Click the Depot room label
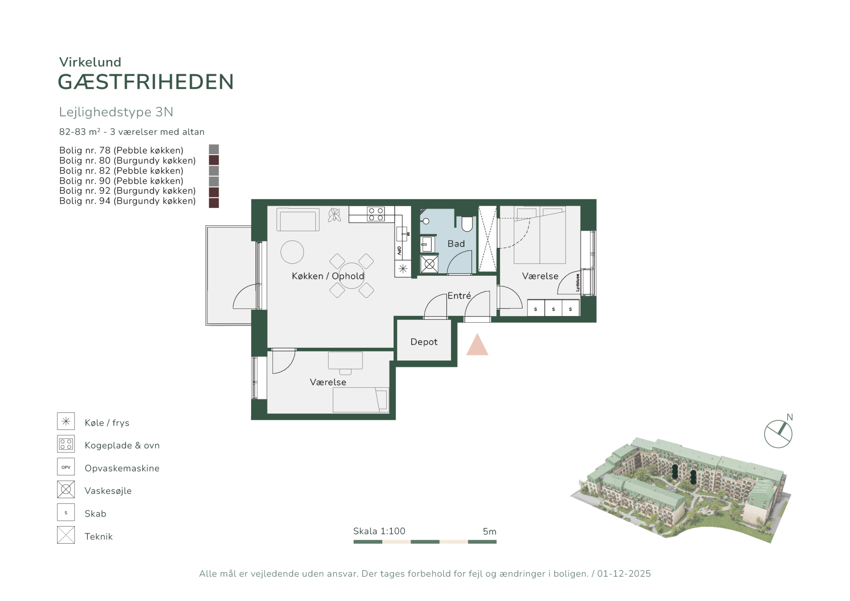click(x=424, y=342)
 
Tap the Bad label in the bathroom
click(x=456, y=244)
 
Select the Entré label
click(x=459, y=295)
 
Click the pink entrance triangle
click(x=477, y=344)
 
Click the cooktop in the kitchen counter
click(x=376, y=214)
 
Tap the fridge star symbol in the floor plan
click(x=403, y=269)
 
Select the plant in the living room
click(x=334, y=215)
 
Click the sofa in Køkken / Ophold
click(x=298, y=219)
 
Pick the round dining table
click(x=351, y=276)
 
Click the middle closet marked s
click(x=553, y=308)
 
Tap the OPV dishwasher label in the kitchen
click(x=399, y=251)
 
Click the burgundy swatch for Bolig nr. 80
click(x=214, y=160)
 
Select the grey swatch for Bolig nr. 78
click(x=214, y=149)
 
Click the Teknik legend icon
click(x=66, y=535)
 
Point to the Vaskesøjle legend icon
click(x=66, y=489)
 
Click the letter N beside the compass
click(x=790, y=417)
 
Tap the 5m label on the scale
click(x=490, y=531)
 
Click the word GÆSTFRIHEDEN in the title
click(x=146, y=82)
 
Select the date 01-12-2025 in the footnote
click(x=624, y=573)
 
